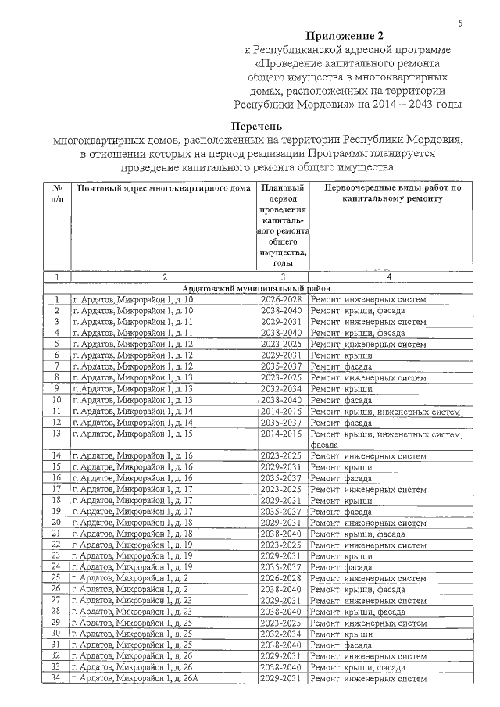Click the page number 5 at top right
pyautogui.click(x=461, y=24)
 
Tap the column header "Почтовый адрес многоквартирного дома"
pyautogui.click(x=163, y=189)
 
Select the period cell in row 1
pyautogui.click(x=282, y=299)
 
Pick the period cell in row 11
pyautogui.click(x=282, y=411)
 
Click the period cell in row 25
pyautogui.click(x=282, y=578)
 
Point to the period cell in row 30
pyautogui.click(x=282, y=634)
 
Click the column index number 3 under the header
pyautogui.click(x=282, y=277)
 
